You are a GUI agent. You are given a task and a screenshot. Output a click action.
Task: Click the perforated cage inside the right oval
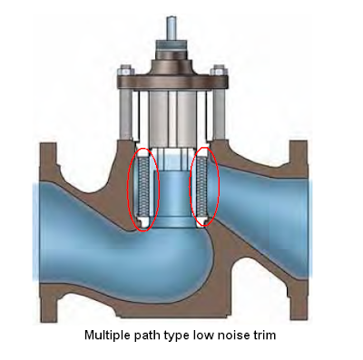[204, 186]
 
